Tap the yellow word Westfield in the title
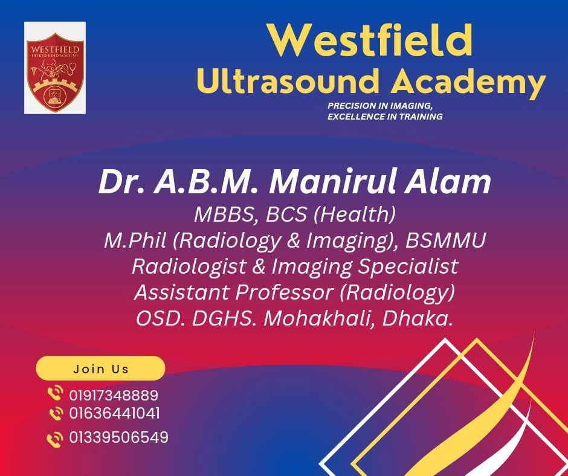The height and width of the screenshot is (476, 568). point(370,40)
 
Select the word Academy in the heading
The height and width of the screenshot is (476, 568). point(468,84)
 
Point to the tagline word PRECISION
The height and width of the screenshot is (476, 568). point(351,106)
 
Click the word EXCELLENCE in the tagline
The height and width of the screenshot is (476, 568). point(355,117)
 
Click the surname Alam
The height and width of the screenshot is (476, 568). point(448,182)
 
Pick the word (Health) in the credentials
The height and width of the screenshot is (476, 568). point(354,214)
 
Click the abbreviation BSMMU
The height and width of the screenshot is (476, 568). point(445,240)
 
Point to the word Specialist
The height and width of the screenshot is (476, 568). point(408,267)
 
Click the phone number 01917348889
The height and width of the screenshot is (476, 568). point(114,396)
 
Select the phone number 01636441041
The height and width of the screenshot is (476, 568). point(114,413)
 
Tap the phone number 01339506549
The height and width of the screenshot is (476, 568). point(119,437)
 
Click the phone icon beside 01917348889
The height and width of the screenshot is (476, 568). point(56,394)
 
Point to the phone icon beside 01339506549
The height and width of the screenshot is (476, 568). point(55,439)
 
